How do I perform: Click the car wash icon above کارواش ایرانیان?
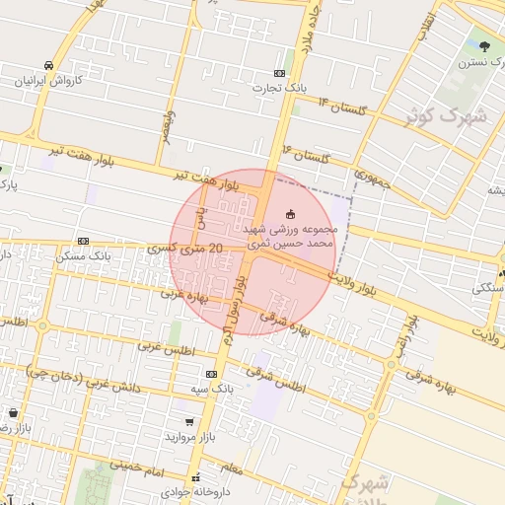click(x=48, y=65)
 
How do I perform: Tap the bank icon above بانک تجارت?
click(x=280, y=73)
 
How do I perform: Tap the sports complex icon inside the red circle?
click(x=290, y=213)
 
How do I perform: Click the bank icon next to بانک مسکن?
click(x=82, y=241)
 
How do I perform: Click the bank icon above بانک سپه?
click(x=211, y=375)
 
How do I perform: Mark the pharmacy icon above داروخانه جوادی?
click(x=194, y=477)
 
